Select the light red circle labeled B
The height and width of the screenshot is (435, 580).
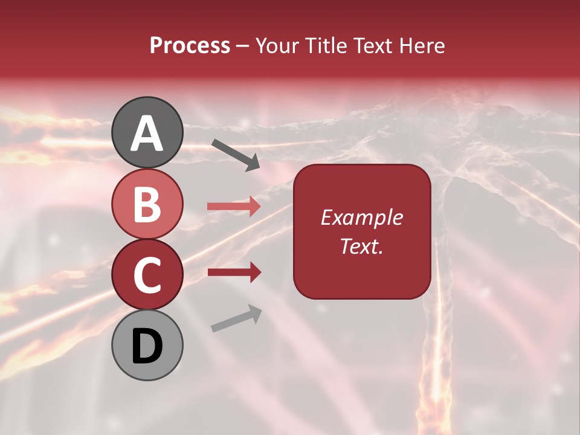coord(147,204)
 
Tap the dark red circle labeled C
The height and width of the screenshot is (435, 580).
coord(147,275)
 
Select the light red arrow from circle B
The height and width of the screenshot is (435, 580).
coord(234,207)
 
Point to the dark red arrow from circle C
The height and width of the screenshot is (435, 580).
coord(234,272)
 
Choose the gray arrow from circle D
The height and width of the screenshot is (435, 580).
coord(236,318)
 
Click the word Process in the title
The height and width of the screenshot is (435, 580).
coord(190,46)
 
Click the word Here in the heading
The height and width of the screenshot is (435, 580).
coord(421,46)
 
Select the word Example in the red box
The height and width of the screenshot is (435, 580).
coord(361,217)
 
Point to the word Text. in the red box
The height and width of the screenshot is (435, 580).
coord(361,246)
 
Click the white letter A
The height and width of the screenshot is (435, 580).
coord(147,133)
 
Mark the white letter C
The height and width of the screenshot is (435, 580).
coord(147,275)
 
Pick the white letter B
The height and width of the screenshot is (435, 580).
coord(147,204)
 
